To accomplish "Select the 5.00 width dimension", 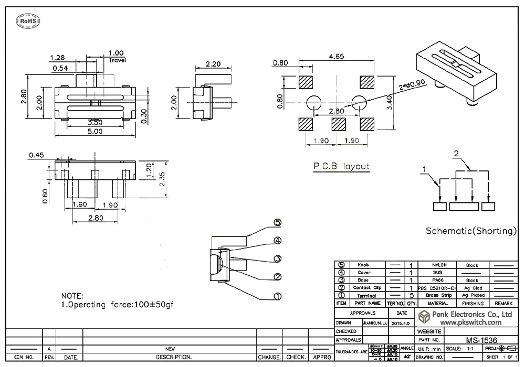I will coord(94,132).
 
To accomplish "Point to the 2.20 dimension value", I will coord(213,64).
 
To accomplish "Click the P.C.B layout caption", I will coord(341,167).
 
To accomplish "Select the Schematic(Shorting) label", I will coord(471,231).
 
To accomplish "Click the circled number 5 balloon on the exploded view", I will coord(278,223).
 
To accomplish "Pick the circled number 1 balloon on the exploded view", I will coord(278,296).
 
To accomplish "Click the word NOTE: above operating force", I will coord(72,296).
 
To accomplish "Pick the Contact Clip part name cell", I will coord(363,288).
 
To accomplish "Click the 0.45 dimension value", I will coord(37,155).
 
